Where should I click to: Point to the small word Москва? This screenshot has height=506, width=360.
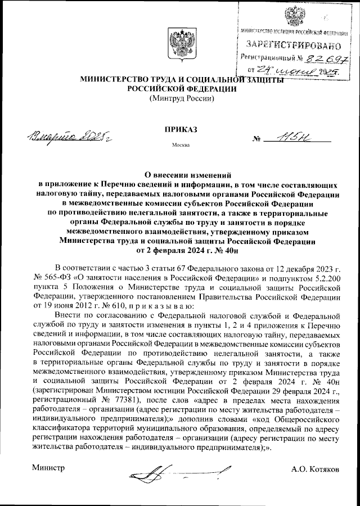coord(181,145)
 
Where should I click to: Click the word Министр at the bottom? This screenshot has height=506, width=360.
coord(48,467)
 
